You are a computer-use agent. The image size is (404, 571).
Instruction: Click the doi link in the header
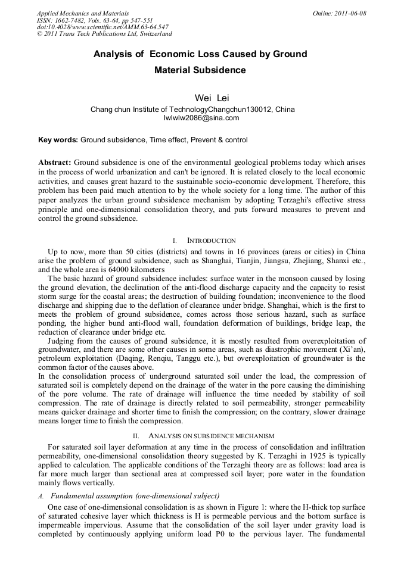(x=102, y=27)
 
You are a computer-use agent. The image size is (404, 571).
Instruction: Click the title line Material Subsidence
(x=200, y=70)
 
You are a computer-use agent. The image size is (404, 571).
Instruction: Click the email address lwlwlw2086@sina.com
(x=201, y=118)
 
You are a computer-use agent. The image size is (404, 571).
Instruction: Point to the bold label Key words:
(x=58, y=140)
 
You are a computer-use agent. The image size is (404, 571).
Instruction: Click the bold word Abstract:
(x=55, y=162)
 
